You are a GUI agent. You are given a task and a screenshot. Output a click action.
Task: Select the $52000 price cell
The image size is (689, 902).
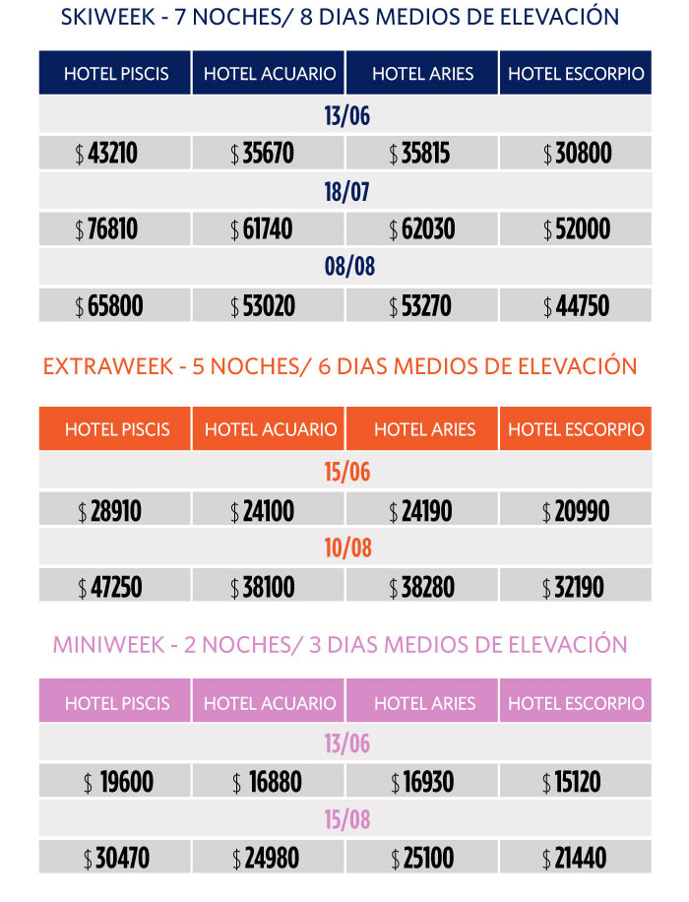(x=576, y=229)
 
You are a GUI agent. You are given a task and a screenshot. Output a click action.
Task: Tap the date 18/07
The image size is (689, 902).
(x=346, y=191)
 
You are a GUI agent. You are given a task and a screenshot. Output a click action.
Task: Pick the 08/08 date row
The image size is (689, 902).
(x=346, y=267)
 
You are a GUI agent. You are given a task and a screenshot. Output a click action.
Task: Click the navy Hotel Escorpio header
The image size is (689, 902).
(x=576, y=74)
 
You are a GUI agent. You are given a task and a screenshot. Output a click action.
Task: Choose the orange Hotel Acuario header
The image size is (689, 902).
(x=270, y=429)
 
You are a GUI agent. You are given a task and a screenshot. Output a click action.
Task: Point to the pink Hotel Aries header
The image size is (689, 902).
(x=424, y=703)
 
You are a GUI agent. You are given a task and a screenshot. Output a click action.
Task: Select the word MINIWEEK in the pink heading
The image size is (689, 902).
(x=104, y=645)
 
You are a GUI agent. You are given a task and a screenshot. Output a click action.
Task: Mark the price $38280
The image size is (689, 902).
(x=422, y=588)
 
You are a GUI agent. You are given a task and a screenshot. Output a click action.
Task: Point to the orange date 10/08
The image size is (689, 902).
(x=346, y=548)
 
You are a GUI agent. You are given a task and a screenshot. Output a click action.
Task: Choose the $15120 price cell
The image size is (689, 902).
(x=576, y=783)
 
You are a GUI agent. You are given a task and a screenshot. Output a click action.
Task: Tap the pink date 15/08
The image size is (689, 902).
(x=346, y=820)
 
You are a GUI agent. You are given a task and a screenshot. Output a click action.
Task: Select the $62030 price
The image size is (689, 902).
(x=422, y=229)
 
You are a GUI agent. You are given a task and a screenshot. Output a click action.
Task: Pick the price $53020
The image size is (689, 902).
(x=263, y=306)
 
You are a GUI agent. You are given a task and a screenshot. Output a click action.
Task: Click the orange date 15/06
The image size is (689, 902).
(x=346, y=472)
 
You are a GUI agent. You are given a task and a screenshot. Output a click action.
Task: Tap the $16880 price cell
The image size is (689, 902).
(x=268, y=783)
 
